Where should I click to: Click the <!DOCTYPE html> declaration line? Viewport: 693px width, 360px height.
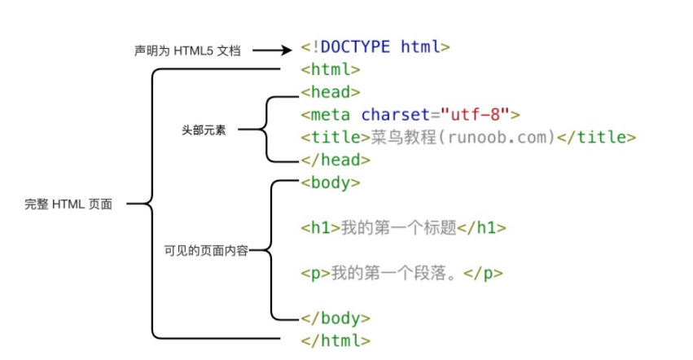[375, 47]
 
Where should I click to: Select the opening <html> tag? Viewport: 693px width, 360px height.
[331, 69]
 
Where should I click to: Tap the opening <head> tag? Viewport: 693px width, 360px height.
[331, 92]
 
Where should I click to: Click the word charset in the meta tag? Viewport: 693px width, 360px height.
[396, 115]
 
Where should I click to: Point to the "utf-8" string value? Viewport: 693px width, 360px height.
[475, 115]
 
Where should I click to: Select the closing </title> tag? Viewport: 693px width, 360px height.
[596, 137]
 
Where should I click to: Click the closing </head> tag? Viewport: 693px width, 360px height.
[336, 160]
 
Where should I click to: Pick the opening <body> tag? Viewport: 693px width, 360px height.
[331, 182]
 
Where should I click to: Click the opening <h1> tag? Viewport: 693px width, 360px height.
[320, 228]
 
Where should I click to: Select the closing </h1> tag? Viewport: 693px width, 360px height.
[482, 228]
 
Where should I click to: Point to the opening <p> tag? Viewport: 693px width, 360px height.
[316, 274]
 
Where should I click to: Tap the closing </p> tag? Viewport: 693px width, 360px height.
[484, 274]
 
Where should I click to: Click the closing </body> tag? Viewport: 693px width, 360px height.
[336, 318]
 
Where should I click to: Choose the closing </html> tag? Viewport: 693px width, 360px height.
[336, 340]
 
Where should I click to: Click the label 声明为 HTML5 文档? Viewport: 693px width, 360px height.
[187, 50]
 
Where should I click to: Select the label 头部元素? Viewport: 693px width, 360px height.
[204, 130]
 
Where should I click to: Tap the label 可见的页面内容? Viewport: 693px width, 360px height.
[206, 251]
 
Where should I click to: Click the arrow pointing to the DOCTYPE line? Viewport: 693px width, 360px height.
[272, 50]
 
